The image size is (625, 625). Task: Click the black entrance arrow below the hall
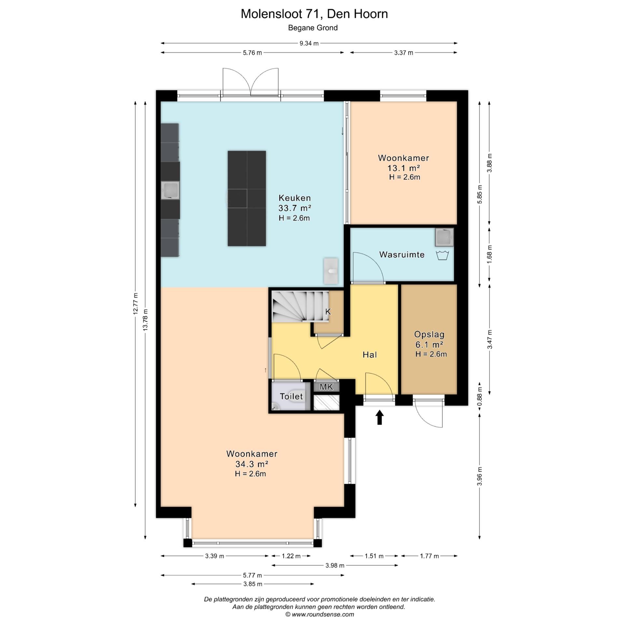(x=380, y=417)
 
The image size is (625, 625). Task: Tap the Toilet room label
(x=291, y=396)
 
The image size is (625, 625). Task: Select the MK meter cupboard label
(x=326, y=387)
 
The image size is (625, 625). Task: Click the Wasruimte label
(x=402, y=255)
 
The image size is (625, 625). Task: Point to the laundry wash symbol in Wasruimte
(x=442, y=255)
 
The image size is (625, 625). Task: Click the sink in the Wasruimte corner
(x=444, y=237)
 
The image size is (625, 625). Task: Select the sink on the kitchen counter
(x=170, y=190)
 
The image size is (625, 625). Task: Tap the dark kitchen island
(x=247, y=198)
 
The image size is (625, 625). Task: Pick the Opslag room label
(x=429, y=334)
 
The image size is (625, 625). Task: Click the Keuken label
(x=295, y=198)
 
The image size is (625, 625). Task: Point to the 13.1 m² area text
(x=403, y=168)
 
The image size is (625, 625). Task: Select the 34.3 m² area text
(x=252, y=464)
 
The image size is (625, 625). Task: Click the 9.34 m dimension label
(x=309, y=43)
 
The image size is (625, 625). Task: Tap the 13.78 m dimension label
(x=146, y=320)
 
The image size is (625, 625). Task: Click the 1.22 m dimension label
(x=291, y=556)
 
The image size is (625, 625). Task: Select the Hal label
(x=370, y=354)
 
